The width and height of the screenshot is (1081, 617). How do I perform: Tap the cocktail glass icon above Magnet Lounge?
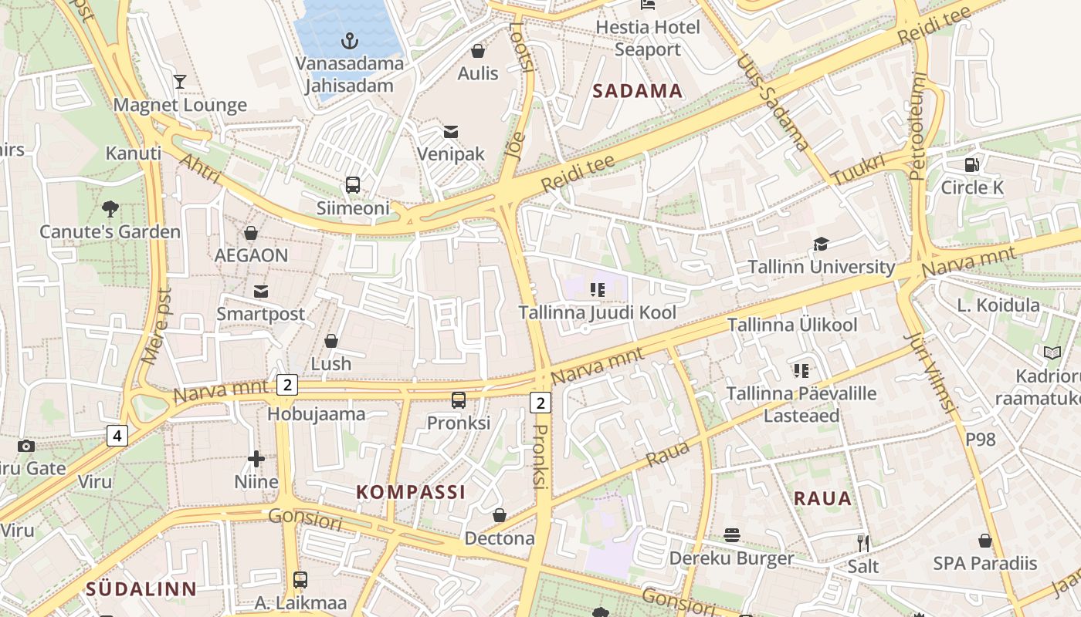coord(180,81)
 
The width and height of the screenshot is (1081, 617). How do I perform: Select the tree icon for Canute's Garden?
coord(110,207)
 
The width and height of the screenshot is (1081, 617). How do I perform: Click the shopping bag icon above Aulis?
coord(478,51)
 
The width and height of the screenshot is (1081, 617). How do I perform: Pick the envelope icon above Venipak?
coord(451,131)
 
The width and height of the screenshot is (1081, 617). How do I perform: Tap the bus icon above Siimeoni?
coord(353,185)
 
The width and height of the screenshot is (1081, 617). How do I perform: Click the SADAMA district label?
coord(638,91)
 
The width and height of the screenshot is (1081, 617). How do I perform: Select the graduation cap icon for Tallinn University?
coord(821,244)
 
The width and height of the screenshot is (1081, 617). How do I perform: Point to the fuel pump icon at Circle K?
coord(972,164)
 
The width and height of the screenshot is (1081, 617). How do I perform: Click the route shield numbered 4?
coord(117,437)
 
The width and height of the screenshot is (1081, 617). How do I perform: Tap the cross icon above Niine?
coord(256,460)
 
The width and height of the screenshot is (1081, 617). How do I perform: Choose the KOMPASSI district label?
coord(411,492)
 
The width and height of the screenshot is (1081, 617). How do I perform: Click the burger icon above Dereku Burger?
coord(731,535)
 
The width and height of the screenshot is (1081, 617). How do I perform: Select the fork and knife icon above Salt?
coord(863,543)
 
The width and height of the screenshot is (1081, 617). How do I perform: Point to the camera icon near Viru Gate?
coord(26,446)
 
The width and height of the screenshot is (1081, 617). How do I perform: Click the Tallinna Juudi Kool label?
coord(597,312)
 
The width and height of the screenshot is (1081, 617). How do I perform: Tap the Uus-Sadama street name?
coord(773,103)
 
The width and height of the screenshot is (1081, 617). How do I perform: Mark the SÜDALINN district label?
coord(141,589)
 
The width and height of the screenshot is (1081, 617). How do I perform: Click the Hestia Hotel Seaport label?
coord(647,38)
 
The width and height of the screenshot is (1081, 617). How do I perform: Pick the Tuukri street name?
coord(859,170)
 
